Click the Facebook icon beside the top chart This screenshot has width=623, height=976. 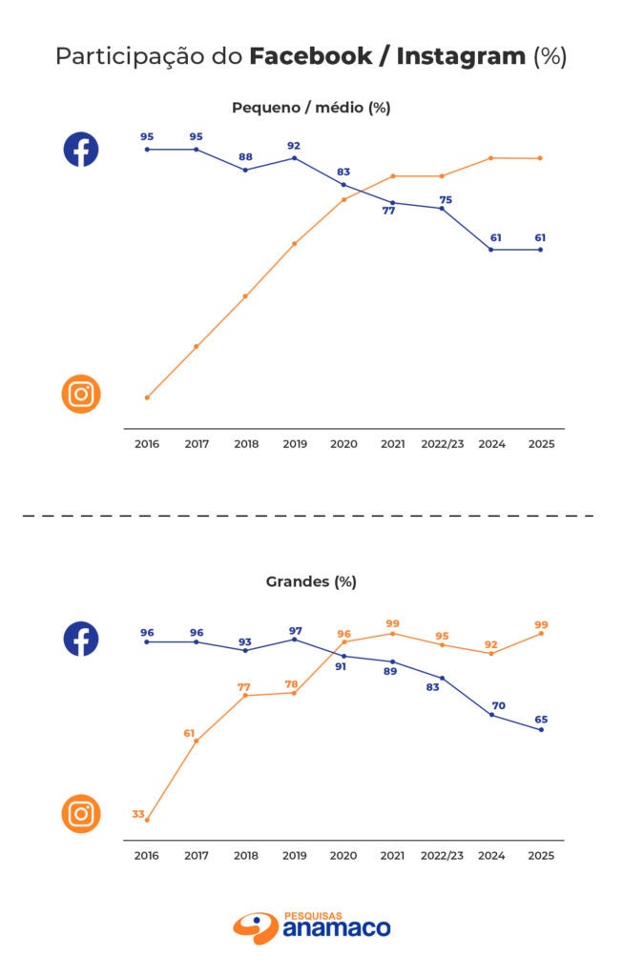81,150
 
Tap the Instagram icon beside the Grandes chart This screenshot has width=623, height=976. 81,814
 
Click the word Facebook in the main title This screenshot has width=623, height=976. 311,56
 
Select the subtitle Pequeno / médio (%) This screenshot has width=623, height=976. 311,108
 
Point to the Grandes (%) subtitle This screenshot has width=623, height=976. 311,581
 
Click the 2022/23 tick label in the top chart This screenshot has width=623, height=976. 442,444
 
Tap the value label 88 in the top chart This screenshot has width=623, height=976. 245,157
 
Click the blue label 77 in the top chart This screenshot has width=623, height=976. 389,211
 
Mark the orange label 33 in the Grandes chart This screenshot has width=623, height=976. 138,814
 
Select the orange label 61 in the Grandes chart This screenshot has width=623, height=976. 189,733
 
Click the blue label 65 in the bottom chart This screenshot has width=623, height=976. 540,720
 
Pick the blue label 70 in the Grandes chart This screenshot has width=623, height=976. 499,706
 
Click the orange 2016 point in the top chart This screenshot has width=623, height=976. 147,397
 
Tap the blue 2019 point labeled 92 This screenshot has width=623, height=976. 294,158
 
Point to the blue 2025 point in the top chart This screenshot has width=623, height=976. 541,250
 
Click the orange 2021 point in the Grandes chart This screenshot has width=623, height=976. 392,634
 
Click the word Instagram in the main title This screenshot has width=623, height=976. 461,56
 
